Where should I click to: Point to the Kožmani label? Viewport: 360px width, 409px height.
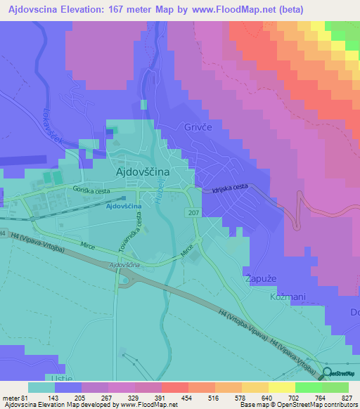point(288,297)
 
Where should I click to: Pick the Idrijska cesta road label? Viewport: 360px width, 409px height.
point(230,188)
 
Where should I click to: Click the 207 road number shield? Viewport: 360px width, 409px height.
point(193,212)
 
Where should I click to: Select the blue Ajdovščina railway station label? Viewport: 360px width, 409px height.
point(123,206)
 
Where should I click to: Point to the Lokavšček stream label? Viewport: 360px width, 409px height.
point(54,126)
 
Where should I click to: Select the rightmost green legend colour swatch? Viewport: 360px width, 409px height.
point(335,387)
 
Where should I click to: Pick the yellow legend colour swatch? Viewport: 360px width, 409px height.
point(282,387)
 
